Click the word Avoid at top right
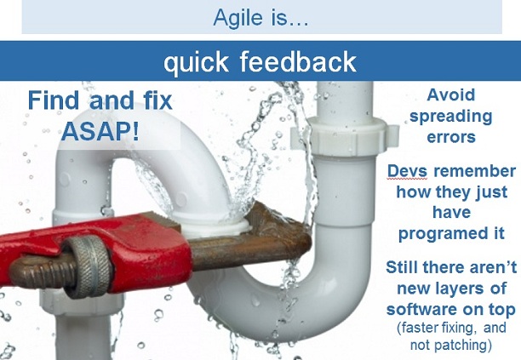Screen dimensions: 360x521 point(450,94)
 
